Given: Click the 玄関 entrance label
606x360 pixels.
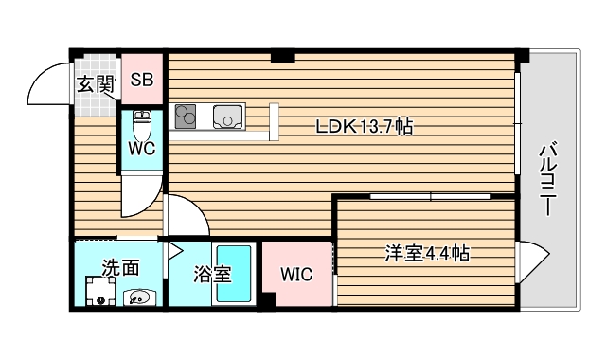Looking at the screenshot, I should coord(95,83).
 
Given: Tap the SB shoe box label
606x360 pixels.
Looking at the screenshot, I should coord(142,81).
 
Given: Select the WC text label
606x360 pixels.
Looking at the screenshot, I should coord(142,149).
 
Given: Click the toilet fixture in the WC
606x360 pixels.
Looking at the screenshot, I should coord(142,123).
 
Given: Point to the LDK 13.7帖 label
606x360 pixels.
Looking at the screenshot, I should coord(365,126).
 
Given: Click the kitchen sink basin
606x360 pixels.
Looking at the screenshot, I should coord(228,117).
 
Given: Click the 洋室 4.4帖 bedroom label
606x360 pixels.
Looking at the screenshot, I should coord(427,253).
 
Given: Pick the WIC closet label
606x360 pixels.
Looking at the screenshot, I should coord(296,274).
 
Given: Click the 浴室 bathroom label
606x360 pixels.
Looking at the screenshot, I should coord(211,275).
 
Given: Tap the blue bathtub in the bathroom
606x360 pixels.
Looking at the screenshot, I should coord(234,274).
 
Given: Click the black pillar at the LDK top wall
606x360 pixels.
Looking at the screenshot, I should coord(281,57).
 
